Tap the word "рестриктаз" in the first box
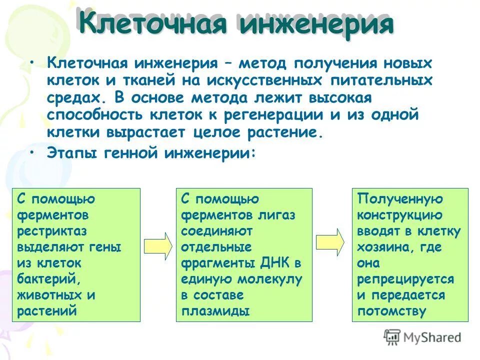tap(52, 231)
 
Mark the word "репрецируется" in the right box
tap(405, 279)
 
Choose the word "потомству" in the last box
tap(391, 311)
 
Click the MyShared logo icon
tap(393, 336)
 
